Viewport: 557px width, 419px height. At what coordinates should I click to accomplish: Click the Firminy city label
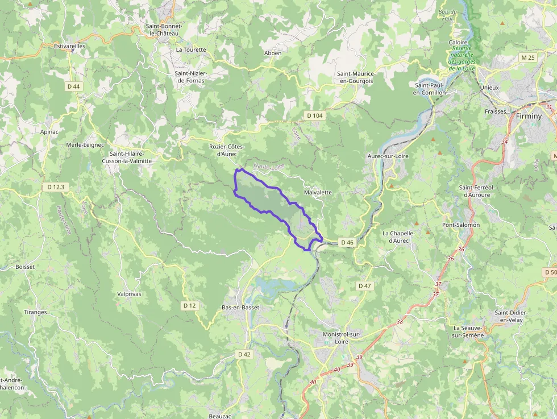529,116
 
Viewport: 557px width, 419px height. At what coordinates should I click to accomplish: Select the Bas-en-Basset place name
240,308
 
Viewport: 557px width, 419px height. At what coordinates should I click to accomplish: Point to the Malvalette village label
318,193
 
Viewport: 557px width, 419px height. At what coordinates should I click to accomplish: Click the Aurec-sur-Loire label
388,156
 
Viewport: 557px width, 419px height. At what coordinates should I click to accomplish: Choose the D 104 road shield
315,115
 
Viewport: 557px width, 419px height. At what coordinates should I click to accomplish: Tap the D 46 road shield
347,242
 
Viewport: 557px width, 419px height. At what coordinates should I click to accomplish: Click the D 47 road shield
364,285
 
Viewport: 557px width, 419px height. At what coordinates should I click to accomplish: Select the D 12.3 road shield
57,186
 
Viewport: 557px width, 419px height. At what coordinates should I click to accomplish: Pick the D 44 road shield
73,86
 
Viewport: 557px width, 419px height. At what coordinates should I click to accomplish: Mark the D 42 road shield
244,354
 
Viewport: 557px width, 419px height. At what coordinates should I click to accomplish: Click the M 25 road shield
528,57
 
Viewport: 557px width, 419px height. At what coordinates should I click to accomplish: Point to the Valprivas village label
128,294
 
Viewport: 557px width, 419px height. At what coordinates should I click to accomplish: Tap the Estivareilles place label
69,45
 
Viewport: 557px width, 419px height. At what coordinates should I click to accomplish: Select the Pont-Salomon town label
461,225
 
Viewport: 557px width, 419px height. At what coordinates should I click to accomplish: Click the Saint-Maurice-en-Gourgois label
355,77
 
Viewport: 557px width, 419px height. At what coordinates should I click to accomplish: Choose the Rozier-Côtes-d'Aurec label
226,150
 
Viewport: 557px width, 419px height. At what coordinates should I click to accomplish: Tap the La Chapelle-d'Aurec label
398,237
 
